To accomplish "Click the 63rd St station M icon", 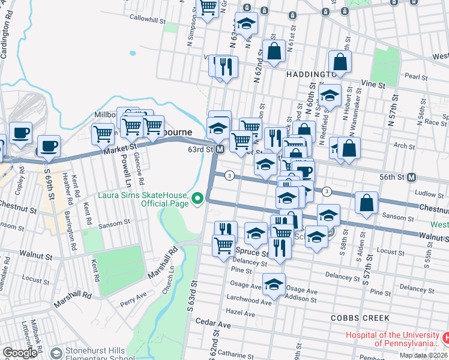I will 220,149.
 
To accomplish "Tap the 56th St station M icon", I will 412,178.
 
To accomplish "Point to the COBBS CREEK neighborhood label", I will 360,317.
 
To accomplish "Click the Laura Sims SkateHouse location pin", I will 197,198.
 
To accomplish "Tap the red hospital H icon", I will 445,338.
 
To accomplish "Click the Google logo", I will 20,353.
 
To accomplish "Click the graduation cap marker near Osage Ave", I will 274,284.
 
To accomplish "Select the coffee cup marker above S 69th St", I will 49,145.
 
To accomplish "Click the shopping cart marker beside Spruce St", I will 223,245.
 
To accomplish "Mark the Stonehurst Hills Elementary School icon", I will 56,353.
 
